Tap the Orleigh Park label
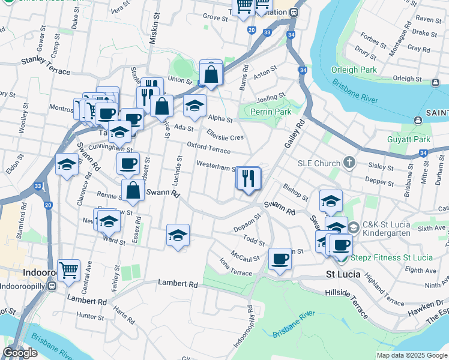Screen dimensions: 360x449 click(353, 70)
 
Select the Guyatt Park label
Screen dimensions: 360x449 click(414, 139)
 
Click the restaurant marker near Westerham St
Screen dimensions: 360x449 click(247, 178)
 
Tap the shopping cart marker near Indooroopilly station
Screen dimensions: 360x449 click(68, 270)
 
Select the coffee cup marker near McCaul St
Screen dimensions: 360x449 click(280, 259)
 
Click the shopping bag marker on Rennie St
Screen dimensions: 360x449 click(132, 191)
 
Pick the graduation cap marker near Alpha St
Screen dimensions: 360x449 click(194, 106)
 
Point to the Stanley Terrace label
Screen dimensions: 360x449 click(45, 66)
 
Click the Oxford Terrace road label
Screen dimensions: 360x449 click(208, 147)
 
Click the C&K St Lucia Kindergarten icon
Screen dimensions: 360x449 click(354, 227)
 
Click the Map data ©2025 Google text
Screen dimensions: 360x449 click(412, 355)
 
